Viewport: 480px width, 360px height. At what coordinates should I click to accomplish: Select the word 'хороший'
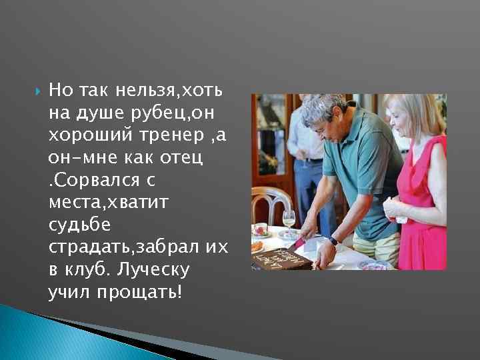coord(83,135)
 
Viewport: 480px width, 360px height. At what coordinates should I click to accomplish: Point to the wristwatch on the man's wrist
coord(333,241)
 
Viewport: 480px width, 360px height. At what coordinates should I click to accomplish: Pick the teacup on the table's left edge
coord(261,231)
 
